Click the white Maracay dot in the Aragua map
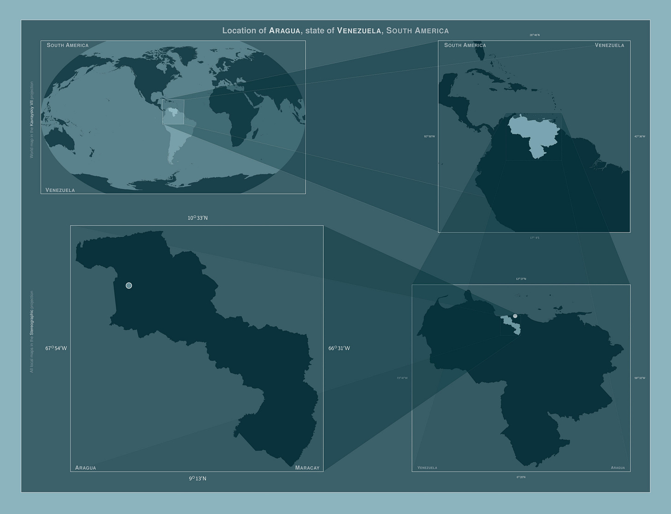(x=129, y=286)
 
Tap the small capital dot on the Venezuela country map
(x=515, y=316)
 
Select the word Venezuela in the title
(x=359, y=30)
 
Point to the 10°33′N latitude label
(x=197, y=218)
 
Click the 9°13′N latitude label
(x=197, y=478)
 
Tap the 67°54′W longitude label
(x=56, y=348)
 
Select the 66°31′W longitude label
(x=339, y=348)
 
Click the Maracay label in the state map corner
(x=307, y=468)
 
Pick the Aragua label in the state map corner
(x=86, y=468)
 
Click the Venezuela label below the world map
(x=60, y=190)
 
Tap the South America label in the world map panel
(x=67, y=45)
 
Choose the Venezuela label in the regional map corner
(x=609, y=45)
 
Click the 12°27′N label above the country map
(x=521, y=279)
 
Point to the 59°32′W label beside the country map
(x=640, y=378)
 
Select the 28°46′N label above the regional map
(x=534, y=35)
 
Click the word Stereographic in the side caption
(x=32, y=319)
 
